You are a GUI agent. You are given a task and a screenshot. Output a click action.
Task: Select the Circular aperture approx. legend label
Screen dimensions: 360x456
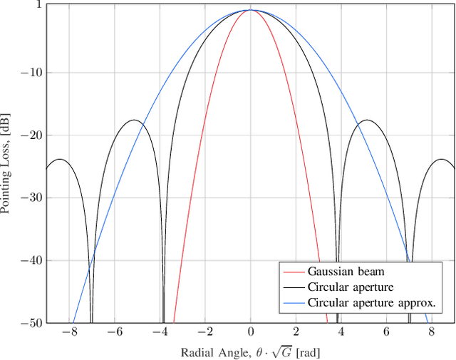(370, 303)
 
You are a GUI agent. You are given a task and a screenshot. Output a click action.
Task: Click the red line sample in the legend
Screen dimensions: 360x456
(293, 272)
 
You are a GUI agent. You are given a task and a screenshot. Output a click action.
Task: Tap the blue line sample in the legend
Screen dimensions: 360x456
(293, 303)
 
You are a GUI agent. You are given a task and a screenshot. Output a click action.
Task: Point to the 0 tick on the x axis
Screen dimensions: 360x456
(251, 332)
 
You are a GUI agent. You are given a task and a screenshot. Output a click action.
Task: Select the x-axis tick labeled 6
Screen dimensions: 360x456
(386, 332)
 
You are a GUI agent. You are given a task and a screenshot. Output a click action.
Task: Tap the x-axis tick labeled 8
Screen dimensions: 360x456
(431, 332)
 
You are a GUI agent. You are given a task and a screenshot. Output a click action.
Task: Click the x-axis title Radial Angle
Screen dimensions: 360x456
(251, 351)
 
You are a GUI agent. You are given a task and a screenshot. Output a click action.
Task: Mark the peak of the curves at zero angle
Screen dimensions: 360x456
(251, 10)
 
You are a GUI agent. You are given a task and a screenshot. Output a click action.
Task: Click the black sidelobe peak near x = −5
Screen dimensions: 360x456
(135, 120)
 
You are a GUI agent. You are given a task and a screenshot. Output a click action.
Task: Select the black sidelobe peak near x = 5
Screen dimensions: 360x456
(366, 120)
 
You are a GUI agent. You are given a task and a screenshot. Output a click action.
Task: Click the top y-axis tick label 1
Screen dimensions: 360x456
(37, 5)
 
